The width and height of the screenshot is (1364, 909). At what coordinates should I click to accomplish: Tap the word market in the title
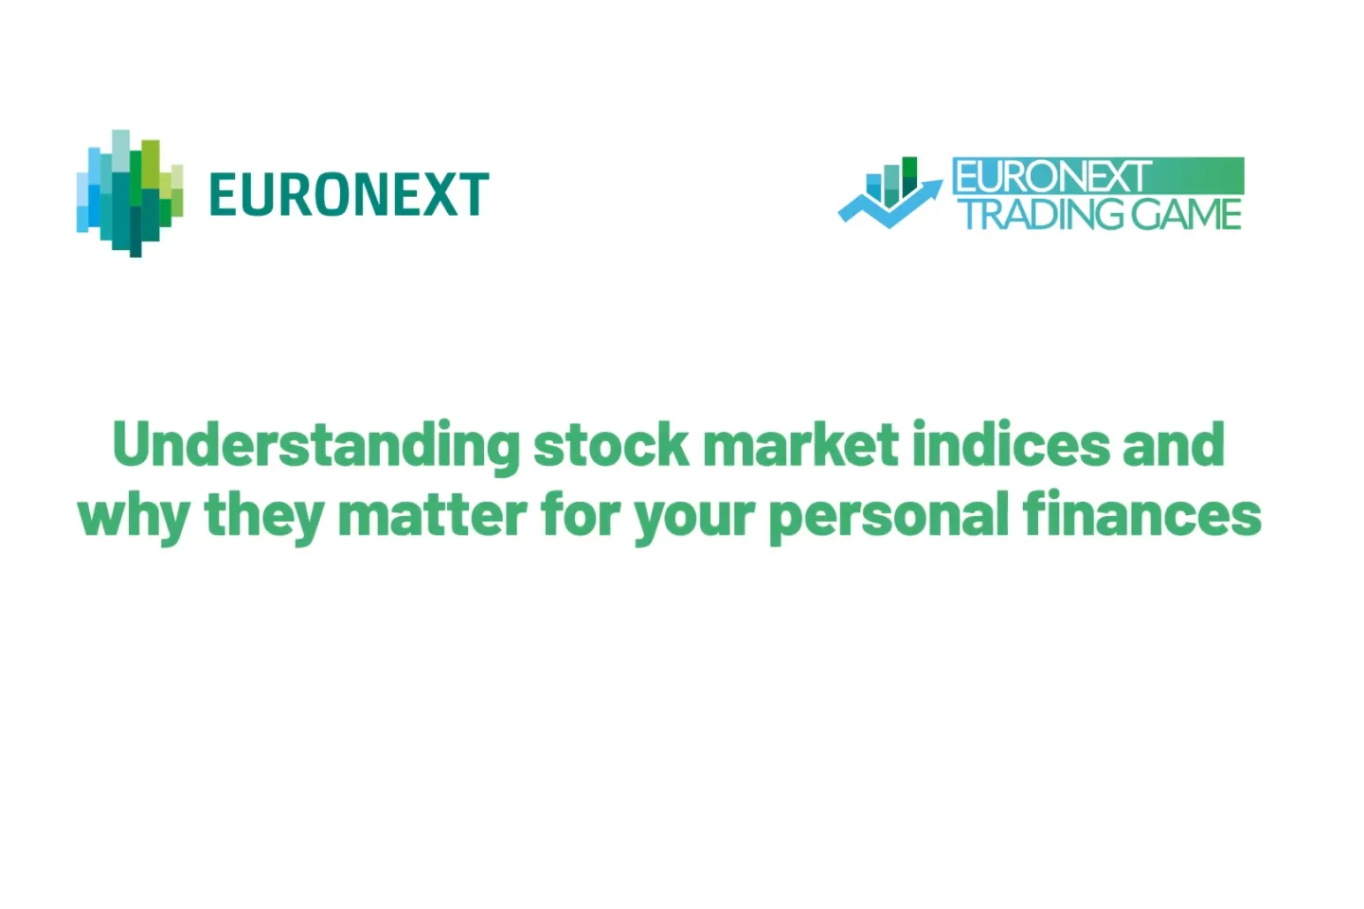point(800,445)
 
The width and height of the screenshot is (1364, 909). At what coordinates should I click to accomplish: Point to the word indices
point(1010,445)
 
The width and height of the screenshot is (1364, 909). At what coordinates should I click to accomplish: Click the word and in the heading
point(1174,445)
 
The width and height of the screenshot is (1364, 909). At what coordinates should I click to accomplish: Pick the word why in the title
point(134,517)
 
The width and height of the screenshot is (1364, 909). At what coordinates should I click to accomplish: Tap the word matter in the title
point(432,515)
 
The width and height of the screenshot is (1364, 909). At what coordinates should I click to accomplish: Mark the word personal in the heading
point(888,517)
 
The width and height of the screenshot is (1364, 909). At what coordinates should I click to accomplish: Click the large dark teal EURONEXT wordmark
point(349,195)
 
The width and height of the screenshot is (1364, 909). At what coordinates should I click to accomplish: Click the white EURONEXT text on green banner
point(1051,177)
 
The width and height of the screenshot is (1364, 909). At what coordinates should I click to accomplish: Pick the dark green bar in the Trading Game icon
point(909,176)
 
